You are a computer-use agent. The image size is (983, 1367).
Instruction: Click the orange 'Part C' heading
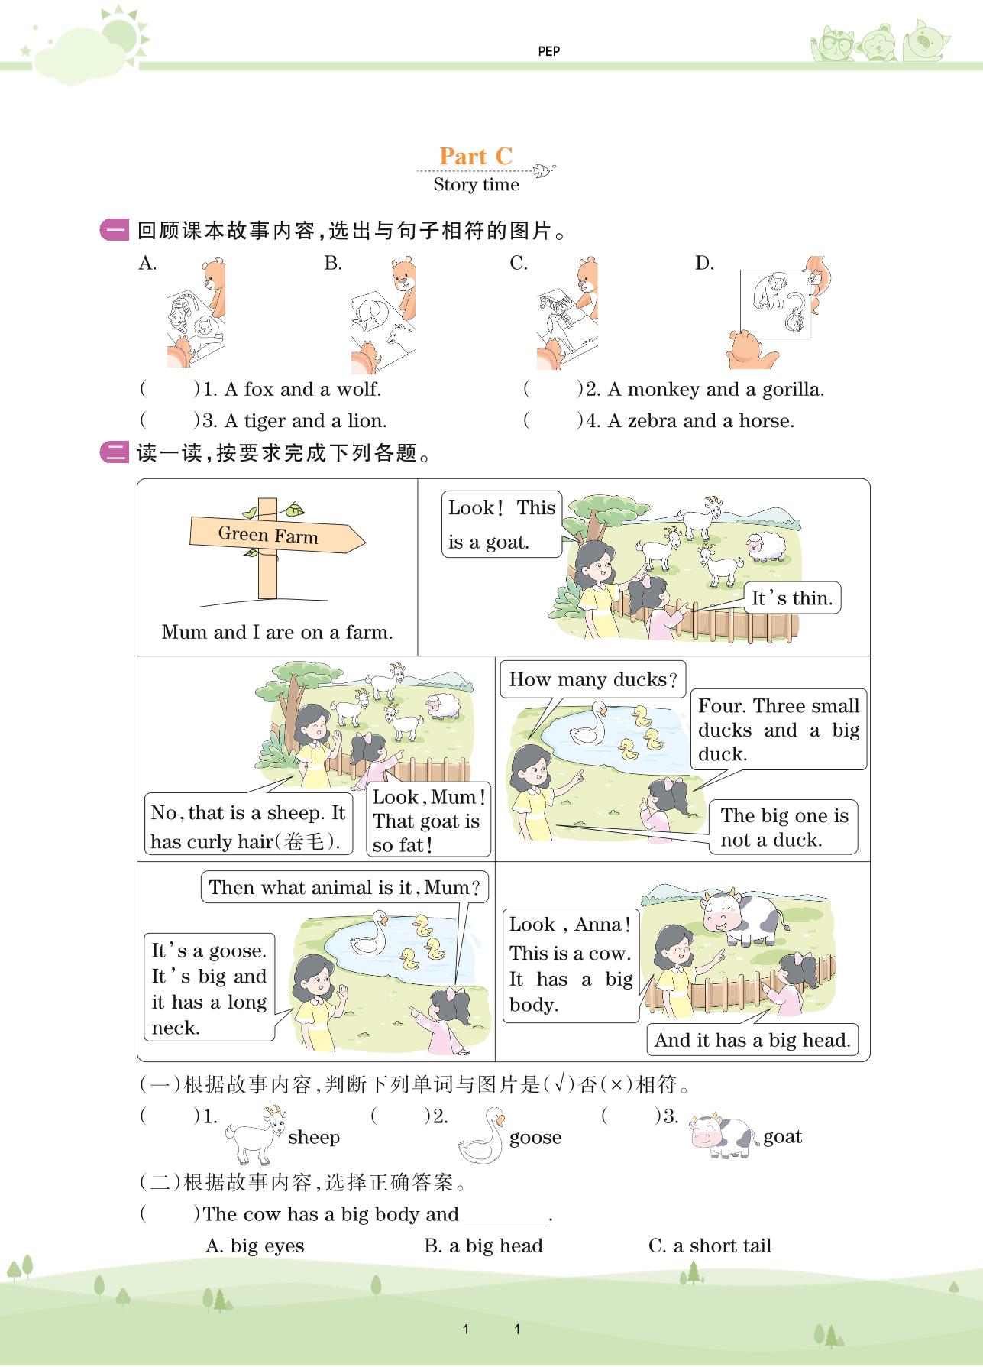click(475, 156)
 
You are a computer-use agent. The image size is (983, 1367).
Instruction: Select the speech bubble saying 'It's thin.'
click(792, 598)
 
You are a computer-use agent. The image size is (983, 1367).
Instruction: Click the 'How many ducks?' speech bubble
click(593, 679)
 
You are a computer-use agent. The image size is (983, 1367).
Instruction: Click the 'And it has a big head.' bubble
click(752, 1040)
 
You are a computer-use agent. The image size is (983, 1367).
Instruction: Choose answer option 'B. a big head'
click(483, 1246)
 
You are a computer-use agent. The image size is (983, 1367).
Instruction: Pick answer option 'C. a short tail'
click(710, 1246)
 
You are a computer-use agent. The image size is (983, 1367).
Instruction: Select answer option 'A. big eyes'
click(255, 1246)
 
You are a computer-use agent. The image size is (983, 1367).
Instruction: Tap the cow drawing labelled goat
click(723, 1135)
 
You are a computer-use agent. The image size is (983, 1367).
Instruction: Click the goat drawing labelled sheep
click(256, 1135)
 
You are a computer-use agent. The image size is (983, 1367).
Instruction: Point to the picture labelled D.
click(778, 312)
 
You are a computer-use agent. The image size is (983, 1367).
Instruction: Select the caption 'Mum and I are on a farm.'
click(277, 632)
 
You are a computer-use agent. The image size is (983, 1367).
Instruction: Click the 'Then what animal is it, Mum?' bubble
click(344, 887)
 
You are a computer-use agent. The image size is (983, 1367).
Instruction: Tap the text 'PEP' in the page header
click(548, 51)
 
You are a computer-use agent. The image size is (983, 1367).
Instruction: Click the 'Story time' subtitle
click(476, 184)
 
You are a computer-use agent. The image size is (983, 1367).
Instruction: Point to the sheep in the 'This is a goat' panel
click(766, 547)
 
